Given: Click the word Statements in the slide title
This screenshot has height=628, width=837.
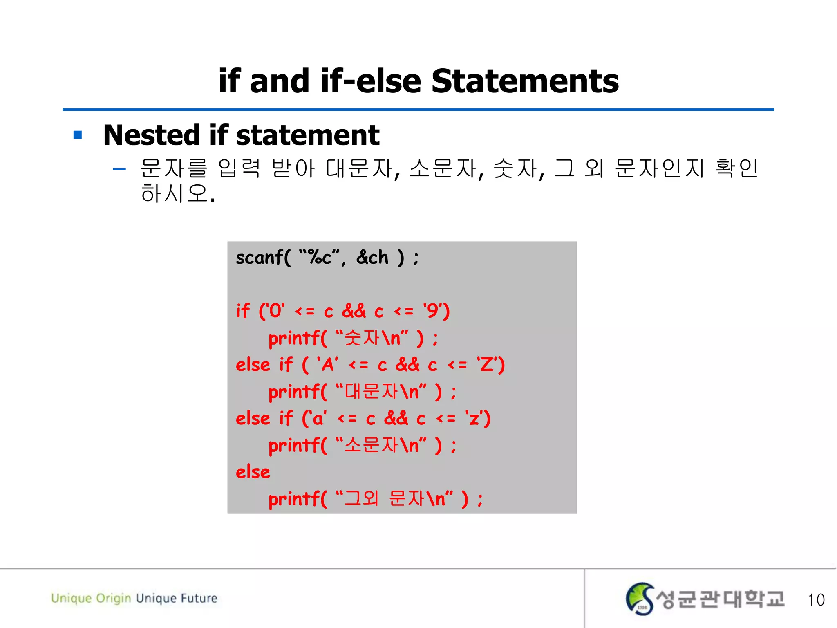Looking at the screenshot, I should click(525, 81).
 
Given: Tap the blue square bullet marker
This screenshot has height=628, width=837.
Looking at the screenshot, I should click(78, 135).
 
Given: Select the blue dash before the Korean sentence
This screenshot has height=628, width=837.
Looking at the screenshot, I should click(119, 169).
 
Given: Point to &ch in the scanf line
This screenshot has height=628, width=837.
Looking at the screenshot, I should click(372, 258).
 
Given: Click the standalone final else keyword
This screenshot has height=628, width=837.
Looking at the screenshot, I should click(253, 472).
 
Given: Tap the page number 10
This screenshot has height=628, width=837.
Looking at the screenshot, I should click(816, 600).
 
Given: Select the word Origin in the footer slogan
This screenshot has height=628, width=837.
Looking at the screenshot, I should click(114, 599).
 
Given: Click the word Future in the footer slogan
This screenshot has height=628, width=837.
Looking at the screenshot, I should click(199, 598).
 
